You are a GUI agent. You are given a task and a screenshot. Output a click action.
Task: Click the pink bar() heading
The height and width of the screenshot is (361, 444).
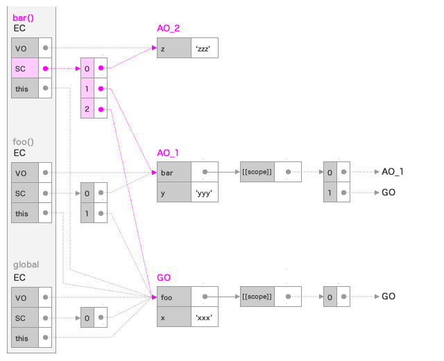(x=26, y=17)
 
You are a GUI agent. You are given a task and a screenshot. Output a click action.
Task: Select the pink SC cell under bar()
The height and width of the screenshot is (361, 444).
(x=25, y=69)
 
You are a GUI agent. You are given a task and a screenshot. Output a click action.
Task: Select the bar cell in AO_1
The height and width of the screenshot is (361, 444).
(x=173, y=172)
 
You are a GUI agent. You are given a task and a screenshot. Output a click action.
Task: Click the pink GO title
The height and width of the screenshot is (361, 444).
(x=164, y=276)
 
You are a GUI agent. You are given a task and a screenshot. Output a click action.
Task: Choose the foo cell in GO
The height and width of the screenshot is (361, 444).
(x=173, y=297)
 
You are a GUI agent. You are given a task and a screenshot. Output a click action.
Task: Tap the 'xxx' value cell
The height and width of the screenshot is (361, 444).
(x=205, y=317)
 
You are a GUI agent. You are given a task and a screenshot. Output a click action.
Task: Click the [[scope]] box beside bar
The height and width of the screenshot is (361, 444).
(x=257, y=172)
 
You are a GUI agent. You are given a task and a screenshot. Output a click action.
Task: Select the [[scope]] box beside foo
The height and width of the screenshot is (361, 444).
(x=257, y=297)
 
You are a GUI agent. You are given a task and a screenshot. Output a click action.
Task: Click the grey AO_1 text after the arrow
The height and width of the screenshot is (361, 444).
(x=393, y=172)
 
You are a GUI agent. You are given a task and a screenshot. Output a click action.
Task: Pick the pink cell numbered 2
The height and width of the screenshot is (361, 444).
(x=87, y=109)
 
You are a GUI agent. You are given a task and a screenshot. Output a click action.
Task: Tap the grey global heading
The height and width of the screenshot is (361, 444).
(x=26, y=265)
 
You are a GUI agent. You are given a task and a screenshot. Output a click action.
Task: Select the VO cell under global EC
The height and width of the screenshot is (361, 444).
(x=25, y=297)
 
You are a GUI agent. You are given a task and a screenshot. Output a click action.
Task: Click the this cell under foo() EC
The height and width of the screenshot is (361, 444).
(x=25, y=213)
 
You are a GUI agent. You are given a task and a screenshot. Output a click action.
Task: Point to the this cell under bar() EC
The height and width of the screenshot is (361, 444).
(x=25, y=89)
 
